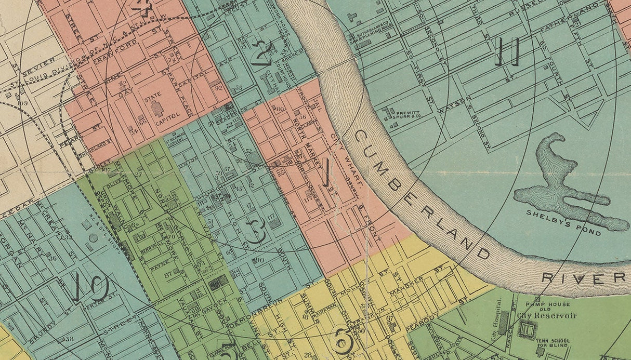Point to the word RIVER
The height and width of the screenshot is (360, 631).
coord(583,278)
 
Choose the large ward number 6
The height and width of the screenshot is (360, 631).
coord(343,341)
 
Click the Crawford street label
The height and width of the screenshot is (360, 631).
coord(112,57)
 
